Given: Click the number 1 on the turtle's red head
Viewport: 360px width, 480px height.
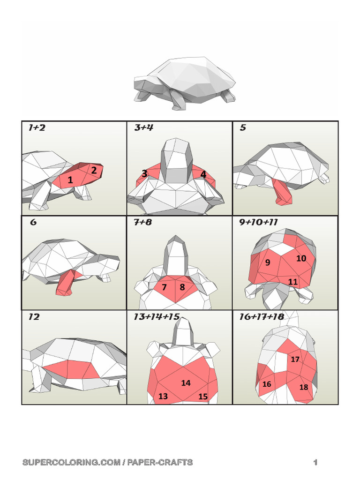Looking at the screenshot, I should tap(70, 180).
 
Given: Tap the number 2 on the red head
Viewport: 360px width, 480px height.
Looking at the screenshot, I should tap(94, 171).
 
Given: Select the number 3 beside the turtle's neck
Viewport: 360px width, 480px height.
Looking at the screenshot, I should tap(144, 173).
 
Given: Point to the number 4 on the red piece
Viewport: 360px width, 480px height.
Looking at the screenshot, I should tap(203, 174).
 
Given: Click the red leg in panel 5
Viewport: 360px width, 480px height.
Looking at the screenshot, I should tap(283, 192).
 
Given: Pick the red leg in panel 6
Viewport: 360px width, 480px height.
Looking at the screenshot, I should tap(65, 283).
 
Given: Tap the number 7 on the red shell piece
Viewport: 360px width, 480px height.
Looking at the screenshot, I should tap(164, 287).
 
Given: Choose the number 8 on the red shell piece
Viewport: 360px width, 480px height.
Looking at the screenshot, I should tap(182, 287).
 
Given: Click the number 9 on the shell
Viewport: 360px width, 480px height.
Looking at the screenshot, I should tap(268, 262).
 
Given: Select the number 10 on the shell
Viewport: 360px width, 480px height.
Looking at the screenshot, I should tap(301, 258).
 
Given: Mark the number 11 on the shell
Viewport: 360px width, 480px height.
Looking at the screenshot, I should tap(293, 282).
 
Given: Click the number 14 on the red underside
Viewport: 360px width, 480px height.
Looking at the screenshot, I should tap(186, 383).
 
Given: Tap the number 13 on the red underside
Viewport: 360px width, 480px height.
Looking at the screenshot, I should tap(163, 397).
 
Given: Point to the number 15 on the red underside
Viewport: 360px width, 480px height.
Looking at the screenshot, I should tap(202, 397).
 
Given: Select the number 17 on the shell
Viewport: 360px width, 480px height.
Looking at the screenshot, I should tap(295, 360).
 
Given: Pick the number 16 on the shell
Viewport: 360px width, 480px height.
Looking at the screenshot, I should tap(267, 384).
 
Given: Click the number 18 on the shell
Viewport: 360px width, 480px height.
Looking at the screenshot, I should tap(304, 388).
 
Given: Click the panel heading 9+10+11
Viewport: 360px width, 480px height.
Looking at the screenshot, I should tap(258, 223).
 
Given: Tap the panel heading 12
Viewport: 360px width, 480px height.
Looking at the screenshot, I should tap(34, 317).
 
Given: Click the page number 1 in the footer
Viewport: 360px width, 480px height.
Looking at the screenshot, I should tap(316, 463).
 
